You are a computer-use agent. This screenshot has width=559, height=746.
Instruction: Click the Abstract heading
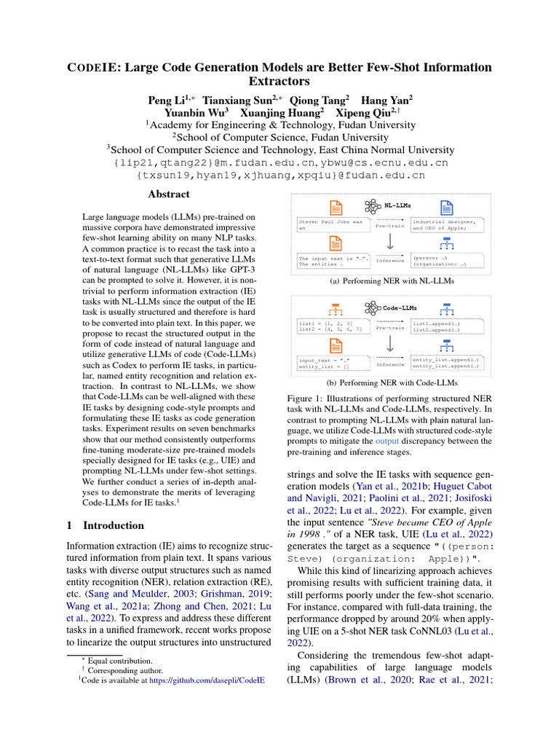pyautogui.click(x=169, y=195)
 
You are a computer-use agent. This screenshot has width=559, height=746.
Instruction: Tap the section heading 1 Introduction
pyautogui.click(x=105, y=525)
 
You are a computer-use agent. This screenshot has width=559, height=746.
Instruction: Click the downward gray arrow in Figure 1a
pyautogui.click(x=390, y=241)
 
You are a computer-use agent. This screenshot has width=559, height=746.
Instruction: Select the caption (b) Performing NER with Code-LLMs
pyautogui.click(x=392, y=382)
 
